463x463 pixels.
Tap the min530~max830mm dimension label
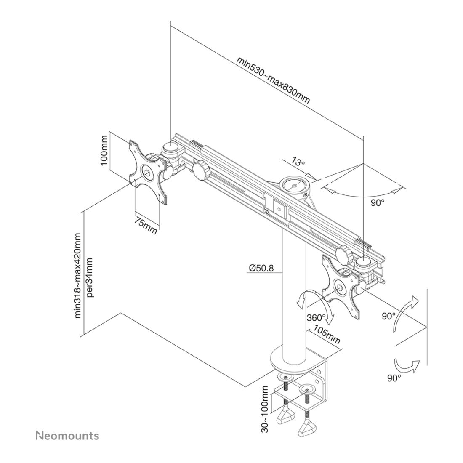point(273,80)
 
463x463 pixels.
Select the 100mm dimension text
point(104,151)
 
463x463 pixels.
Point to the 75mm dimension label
point(146,225)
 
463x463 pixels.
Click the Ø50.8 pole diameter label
point(261,268)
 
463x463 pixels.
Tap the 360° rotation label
point(316,318)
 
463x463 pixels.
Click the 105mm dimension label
point(327,335)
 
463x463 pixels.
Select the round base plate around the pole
point(291,361)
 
